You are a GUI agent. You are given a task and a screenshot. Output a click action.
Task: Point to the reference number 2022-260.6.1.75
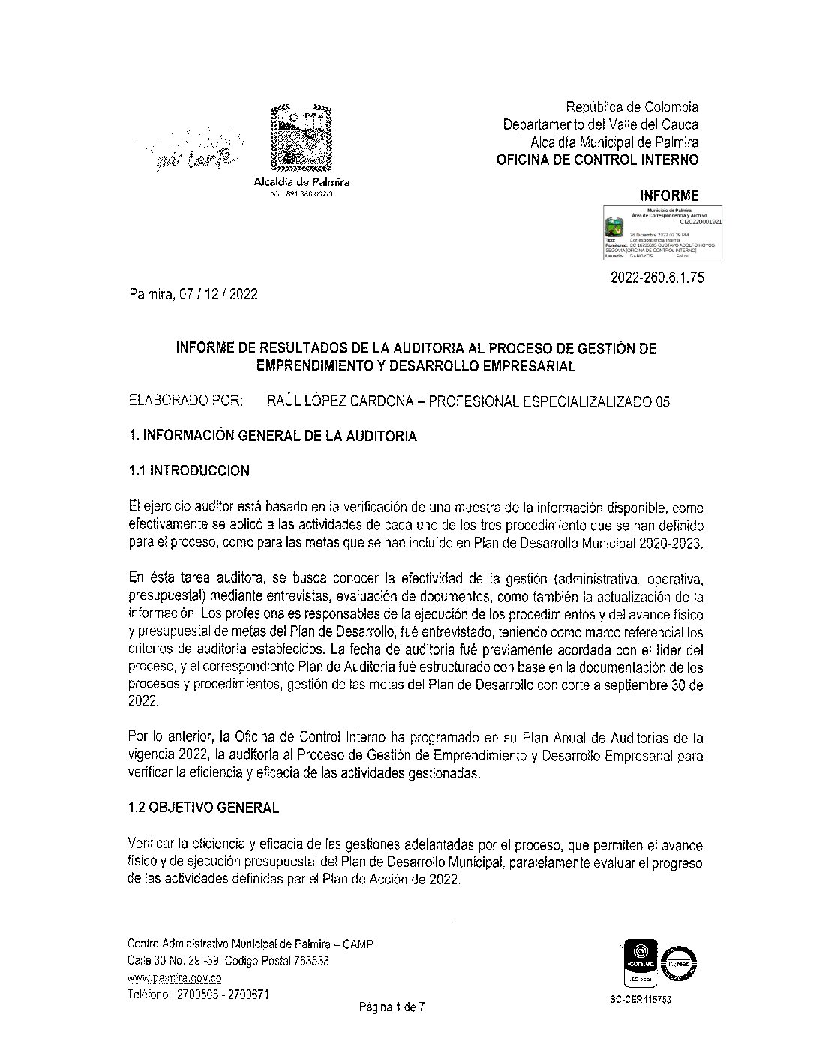[657, 277]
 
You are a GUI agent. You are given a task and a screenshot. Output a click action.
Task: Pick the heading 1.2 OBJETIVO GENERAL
[203, 808]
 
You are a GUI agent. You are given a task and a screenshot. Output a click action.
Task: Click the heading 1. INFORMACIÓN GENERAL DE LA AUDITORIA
[272, 436]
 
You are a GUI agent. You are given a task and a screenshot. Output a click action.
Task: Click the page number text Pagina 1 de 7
[391, 1007]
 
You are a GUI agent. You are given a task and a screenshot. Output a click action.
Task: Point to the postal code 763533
[309, 961]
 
